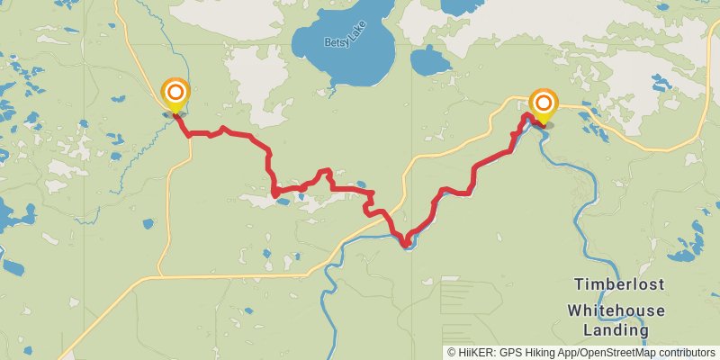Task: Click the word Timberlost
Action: pyautogui.click(x=620, y=284)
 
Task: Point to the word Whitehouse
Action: pyautogui.click(x=616, y=310)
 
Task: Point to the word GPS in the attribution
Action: pyautogui.click(x=509, y=352)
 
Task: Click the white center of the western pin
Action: pyautogui.click(x=175, y=91)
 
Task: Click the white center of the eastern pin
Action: pyautogui.click(x=544, y=103)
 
